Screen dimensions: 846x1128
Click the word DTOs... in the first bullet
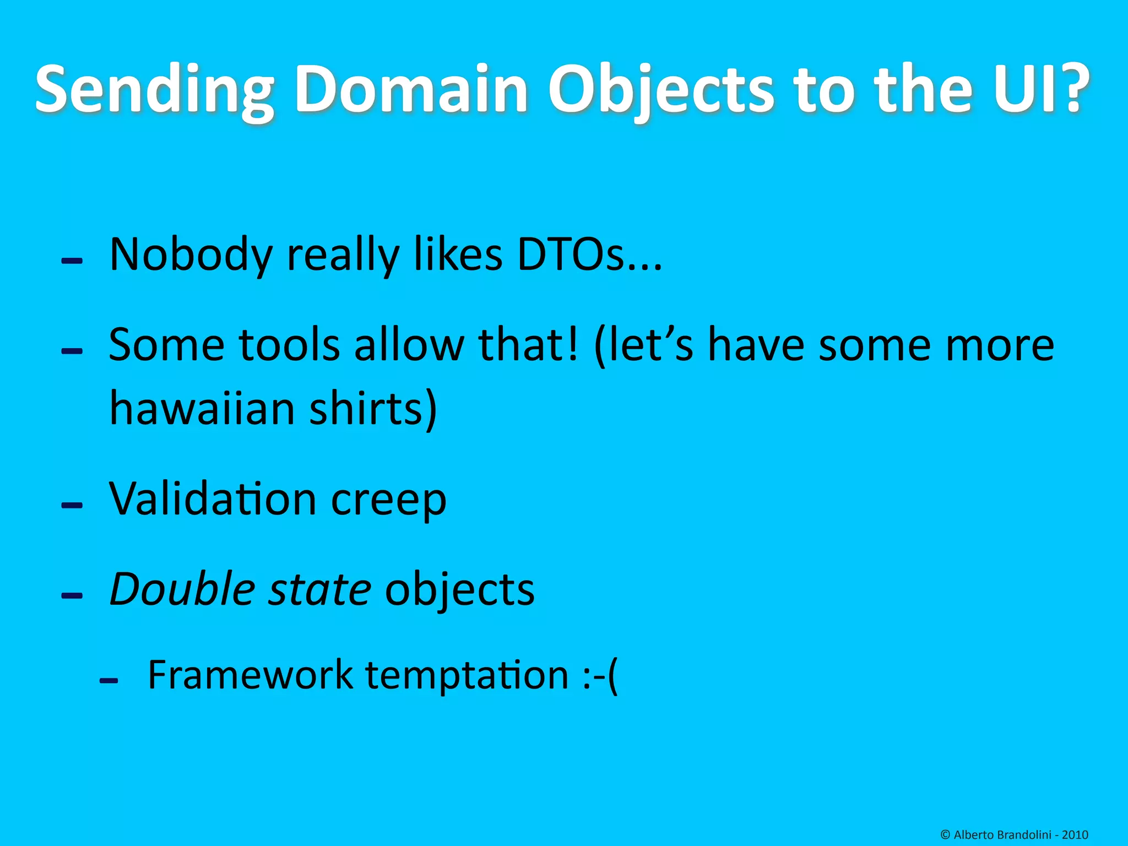pos(589,254)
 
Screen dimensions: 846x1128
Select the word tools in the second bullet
pos(289,345)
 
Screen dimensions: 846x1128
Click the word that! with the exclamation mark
pos(529,345)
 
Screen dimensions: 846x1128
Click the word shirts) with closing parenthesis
pos(373,409)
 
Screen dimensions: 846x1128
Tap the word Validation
pos(213,498)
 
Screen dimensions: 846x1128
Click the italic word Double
pos(182,589)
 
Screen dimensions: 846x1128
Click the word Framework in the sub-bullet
pos(251,675)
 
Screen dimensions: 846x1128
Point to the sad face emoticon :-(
pos(600,676)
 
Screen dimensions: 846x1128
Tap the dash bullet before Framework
pos(109,681)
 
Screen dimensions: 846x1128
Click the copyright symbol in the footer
pos(945,835)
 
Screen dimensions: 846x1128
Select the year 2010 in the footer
pos(1075,835)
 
